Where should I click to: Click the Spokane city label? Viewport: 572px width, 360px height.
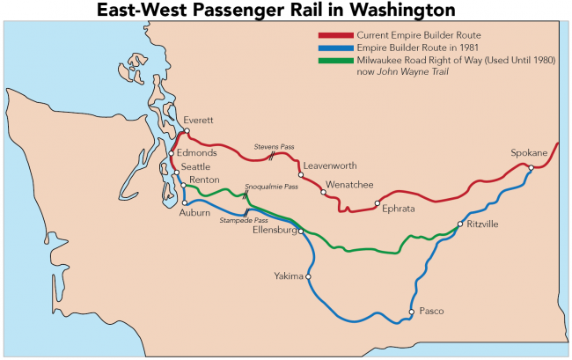click(x=529, y=153)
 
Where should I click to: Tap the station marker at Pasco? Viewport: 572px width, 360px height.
click(x=411, y=312)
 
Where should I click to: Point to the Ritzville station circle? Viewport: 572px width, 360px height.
click(x=459, y=225)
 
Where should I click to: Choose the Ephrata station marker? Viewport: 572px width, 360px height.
click(x=377, y=204)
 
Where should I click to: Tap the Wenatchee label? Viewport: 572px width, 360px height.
click(x=349, y=185)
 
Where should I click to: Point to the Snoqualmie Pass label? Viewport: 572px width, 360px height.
click(x=271, y=187)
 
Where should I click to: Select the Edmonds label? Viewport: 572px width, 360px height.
click(x=190, y=152)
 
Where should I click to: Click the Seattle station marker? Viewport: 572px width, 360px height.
click(x=177, y=173)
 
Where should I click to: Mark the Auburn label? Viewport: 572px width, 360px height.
click(x=194, y=213)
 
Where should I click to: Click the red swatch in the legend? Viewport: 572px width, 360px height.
click(x=336, y=34)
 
